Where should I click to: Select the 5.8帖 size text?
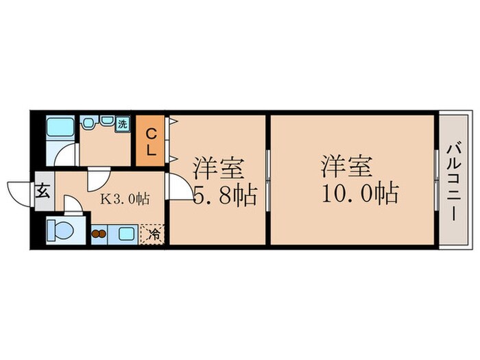click(225, 196)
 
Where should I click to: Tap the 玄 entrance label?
click(43, 191)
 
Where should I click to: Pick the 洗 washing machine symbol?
click(122, 124)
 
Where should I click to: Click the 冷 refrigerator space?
click(154, 234)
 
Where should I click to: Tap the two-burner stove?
click(99, 234)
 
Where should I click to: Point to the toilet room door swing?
click(73, 204)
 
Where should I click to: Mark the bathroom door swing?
click(66, 154)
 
